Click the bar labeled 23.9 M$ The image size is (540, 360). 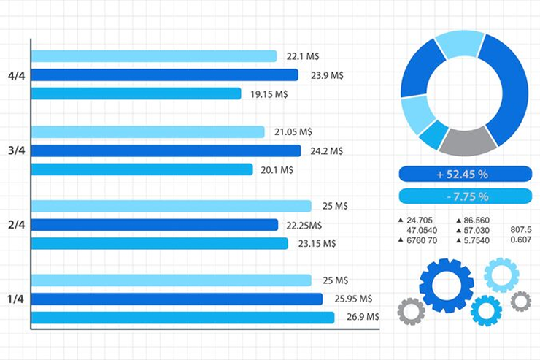tap(164, 74)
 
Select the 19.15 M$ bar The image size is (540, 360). tap(136, 93)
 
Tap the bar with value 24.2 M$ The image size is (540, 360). tap(166, 150)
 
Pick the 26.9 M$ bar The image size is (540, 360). tap(182, 317)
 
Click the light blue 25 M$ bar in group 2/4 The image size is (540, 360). tap(171, 206)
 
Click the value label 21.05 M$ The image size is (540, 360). tap(293, 131)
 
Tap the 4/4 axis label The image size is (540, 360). tap(16, 75)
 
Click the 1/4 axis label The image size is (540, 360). tap(16, 299)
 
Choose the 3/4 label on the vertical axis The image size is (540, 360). tap(16, 150)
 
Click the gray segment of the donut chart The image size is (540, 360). tap(467, 140)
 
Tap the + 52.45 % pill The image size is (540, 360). tap(465, 174)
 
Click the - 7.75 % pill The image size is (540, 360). tap(465, 196)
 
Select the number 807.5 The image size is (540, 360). tap(520, 230)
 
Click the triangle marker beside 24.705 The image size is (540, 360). tap(401, 220)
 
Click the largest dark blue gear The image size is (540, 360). tap(446, 285)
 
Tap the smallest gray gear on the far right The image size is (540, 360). tap(520, 301)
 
